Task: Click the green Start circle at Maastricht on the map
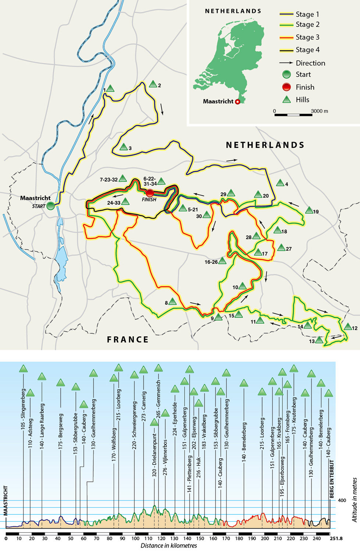click(51, 206)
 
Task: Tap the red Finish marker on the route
click(150, 193)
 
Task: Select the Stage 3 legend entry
click(307, 37)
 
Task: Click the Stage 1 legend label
click(307, 14)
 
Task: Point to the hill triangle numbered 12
click(348, 326)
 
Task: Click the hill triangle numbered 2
click(153, 84)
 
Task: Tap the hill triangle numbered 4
click(280, 183)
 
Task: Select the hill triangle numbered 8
click(172, 302)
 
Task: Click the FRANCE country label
click(128, 339)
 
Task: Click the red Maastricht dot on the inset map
click(238, 102)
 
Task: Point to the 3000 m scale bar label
click(319, 111)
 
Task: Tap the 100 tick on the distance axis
click(135, 538)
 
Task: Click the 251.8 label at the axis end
click(336, 538)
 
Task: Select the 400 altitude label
click(342, 500)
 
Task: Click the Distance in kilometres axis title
click(168, 546)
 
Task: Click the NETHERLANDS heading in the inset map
click(233, 11)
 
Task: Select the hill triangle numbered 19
click(309, 210)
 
